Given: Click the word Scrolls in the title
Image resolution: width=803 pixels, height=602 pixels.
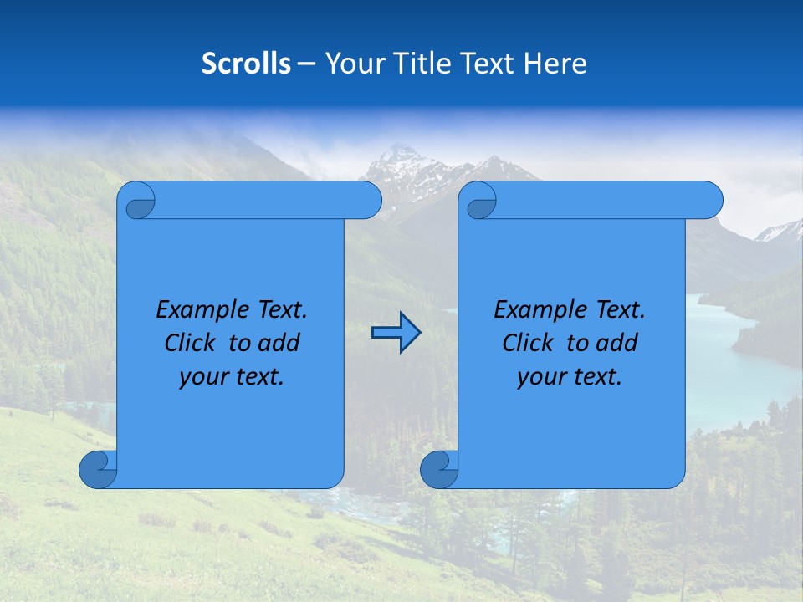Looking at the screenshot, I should click(x=246, y=64).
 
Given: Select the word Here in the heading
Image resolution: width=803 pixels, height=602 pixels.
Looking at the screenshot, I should click(x=555, y=64).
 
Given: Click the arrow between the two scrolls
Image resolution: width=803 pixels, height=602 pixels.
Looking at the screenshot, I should click(x=396, y=333).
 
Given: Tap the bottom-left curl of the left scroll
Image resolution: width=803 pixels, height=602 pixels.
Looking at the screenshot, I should click(x=99, y=469).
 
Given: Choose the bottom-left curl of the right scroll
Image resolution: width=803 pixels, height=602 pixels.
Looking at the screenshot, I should click(x=439, y=469).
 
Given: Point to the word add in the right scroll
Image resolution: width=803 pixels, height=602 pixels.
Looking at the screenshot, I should click(x=618, y=343).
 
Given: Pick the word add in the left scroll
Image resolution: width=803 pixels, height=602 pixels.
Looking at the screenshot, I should click(x=279, y=343).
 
